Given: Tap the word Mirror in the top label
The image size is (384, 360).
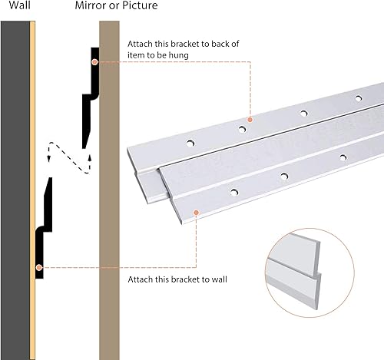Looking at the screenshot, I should [x=91, y=6].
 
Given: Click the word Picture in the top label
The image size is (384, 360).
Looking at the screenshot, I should [x=139, y=6].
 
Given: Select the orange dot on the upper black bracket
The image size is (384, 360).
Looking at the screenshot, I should [x=94, y=61].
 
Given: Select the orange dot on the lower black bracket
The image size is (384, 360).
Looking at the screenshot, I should [x=38, y=267].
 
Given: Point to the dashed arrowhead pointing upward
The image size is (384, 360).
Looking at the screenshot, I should [x=90, y=157].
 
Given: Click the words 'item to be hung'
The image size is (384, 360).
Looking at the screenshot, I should [x=161, y=55].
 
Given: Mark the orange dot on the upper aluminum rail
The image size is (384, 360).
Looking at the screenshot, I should [x=250, y=119].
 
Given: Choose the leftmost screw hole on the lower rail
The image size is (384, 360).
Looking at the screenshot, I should [x=231, y=189].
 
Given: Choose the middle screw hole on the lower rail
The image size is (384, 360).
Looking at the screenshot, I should [x=283, y=176].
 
